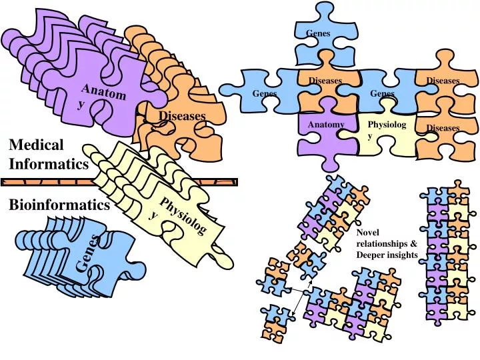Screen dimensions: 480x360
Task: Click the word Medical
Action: tap(36, 145)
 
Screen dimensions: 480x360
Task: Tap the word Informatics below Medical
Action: tap(49, 164)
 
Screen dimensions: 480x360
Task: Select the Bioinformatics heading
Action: tap(59, 205)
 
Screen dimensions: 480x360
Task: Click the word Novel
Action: tap(367, 233)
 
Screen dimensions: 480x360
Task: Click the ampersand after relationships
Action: tap(414, 244)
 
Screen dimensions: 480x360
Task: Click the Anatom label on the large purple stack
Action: tap(104, 92)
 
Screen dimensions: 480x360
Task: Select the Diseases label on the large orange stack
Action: tap(182, 116)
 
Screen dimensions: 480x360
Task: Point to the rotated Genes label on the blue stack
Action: tap(88, 253)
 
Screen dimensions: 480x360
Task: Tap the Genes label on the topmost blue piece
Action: tap(318, 33)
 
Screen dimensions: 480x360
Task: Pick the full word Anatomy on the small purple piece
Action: tap(326, 125)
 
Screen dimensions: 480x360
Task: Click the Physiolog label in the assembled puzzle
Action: tap(387, 125)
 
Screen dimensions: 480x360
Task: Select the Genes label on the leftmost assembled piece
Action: tap(265, 93)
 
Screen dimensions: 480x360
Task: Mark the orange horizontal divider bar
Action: tap(119, 182)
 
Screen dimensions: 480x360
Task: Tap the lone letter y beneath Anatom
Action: tap(80, 105)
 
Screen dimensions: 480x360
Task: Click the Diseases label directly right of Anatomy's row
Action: tap(443, 127)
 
